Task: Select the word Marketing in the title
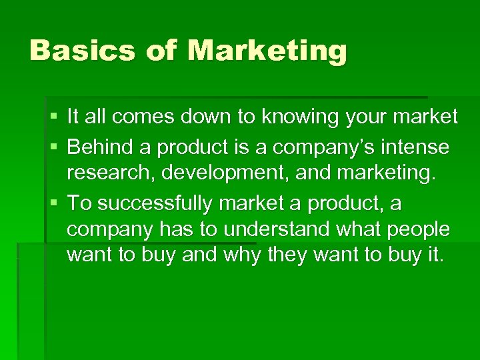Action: point(267,51)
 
